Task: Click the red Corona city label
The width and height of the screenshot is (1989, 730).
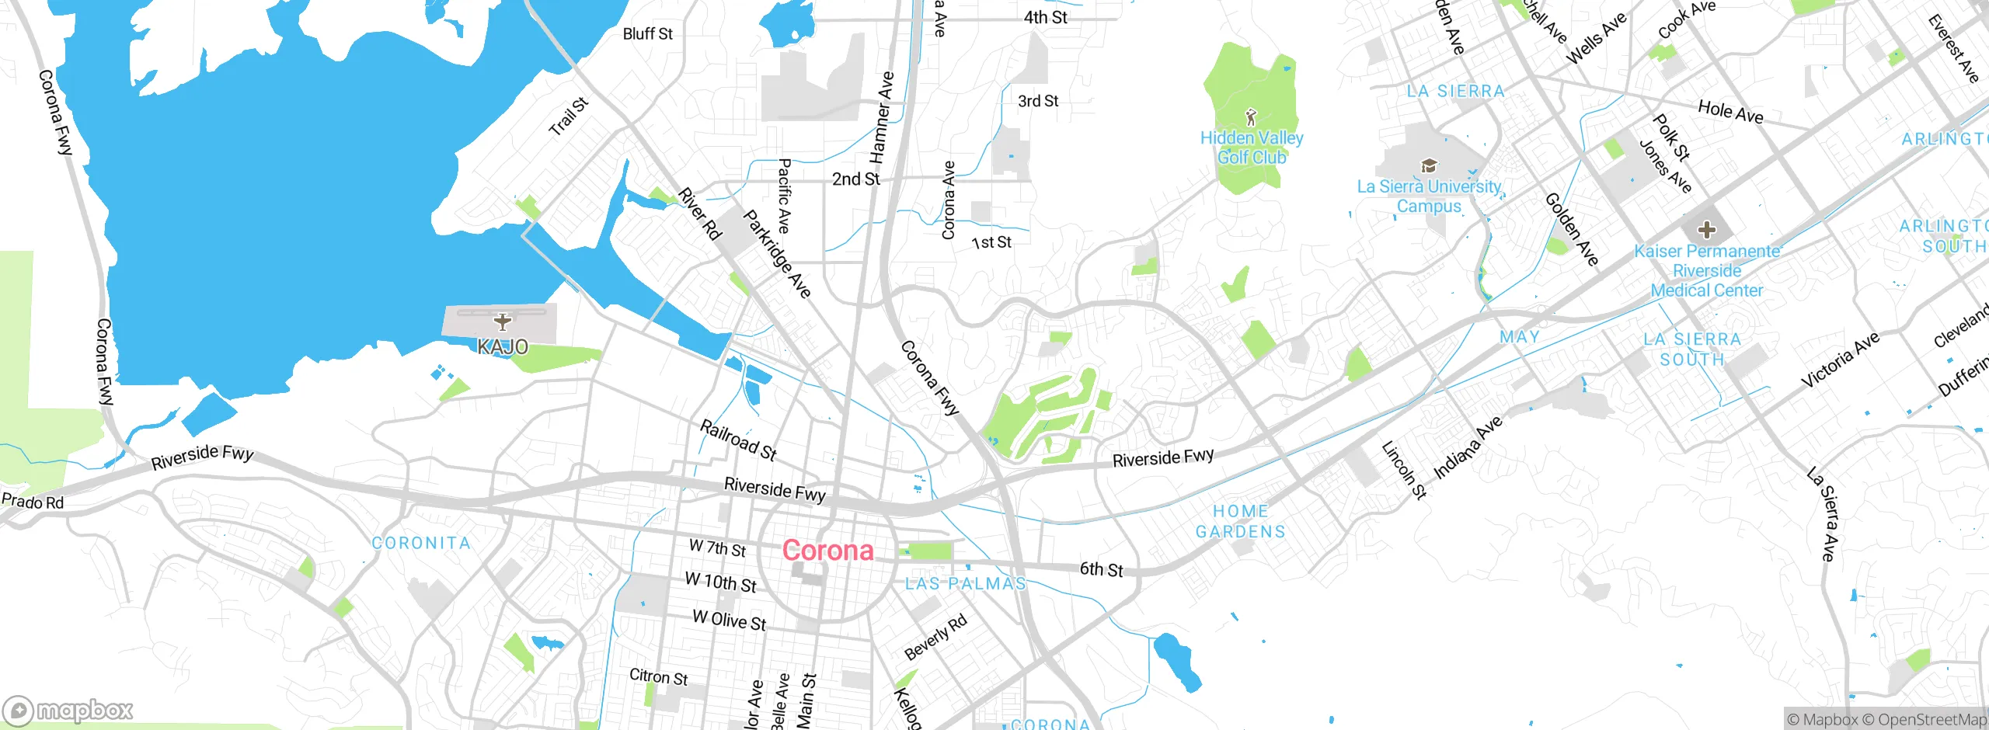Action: pos(827,551)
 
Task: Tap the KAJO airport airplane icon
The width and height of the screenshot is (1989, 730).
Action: pos(503,322)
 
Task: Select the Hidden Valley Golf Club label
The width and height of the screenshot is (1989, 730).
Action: pos(1252,148)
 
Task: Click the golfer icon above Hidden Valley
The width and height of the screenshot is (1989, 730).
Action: pos(1250,117)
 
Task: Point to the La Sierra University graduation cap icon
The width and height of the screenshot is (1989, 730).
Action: pos(1428,165)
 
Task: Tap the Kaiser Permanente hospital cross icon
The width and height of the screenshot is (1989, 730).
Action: pos(1706,230)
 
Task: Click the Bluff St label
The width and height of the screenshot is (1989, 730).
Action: pos(647,33)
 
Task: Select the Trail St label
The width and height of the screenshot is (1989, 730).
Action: pos(568,117)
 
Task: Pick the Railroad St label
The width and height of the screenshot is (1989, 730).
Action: pos(738,440)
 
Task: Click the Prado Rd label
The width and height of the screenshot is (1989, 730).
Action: pos(33,501)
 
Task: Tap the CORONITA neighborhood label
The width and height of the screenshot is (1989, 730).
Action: pos(421,543)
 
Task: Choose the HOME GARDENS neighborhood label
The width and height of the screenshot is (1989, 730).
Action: pos(1241,521)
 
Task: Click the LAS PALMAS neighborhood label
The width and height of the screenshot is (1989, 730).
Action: pos(965,583)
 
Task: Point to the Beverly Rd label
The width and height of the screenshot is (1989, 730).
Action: pos(935,637)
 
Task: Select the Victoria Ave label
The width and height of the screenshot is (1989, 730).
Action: pos(1840,360)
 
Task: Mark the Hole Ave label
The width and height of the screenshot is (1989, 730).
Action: pos(1730,112)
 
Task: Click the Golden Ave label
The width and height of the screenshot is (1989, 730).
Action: pos(1571,229)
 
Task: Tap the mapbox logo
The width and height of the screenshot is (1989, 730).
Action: pos(68,711)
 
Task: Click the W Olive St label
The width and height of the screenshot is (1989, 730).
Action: pos(729,620)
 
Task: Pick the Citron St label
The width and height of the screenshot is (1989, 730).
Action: pos(658,676)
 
